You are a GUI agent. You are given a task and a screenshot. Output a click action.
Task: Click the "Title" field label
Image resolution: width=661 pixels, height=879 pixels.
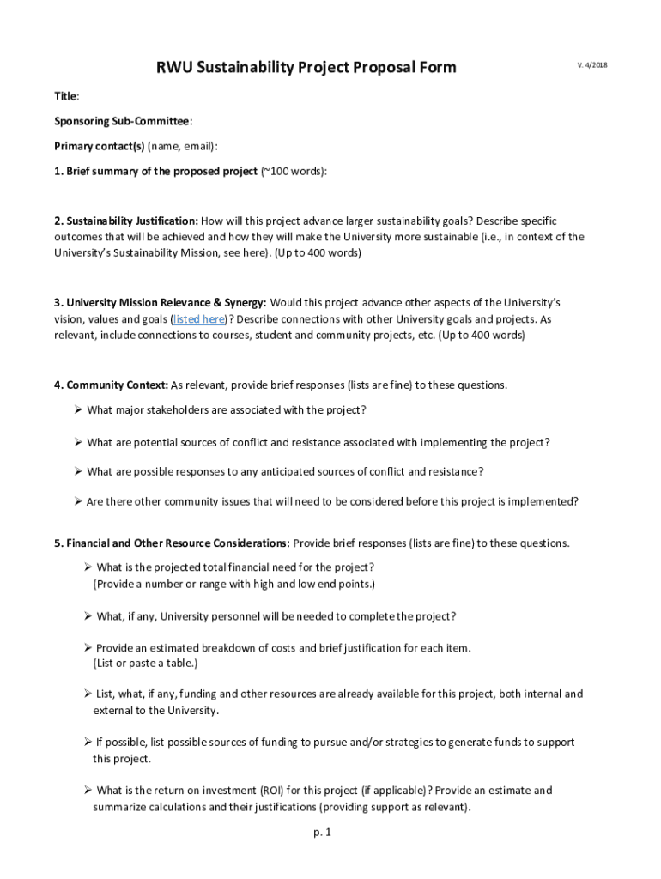[66, 96]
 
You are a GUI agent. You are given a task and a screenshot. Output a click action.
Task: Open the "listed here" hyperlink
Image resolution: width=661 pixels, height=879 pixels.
[199, 319]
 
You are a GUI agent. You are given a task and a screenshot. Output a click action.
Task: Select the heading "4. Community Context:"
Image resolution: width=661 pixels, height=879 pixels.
[111, 385]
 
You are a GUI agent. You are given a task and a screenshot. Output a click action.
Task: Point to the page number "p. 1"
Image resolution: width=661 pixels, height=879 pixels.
[322, 832]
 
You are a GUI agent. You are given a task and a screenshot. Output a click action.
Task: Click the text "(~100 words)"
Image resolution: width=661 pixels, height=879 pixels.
[294, 171]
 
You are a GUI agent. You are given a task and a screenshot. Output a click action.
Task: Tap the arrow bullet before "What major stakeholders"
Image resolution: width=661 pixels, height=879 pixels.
[78, 410]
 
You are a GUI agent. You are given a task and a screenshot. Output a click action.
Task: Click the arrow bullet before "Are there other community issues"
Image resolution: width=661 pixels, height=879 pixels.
[78, 502]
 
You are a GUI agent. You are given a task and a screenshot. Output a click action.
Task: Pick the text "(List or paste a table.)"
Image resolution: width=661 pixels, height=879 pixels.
[145, 664]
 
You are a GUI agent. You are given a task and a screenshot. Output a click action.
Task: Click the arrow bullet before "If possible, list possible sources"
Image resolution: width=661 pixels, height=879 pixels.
[88, 743]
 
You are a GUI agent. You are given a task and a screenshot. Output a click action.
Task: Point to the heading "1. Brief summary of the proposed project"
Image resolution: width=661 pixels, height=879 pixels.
[155, 171]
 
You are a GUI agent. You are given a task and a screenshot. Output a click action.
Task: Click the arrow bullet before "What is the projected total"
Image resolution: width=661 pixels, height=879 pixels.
[88, 567]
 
